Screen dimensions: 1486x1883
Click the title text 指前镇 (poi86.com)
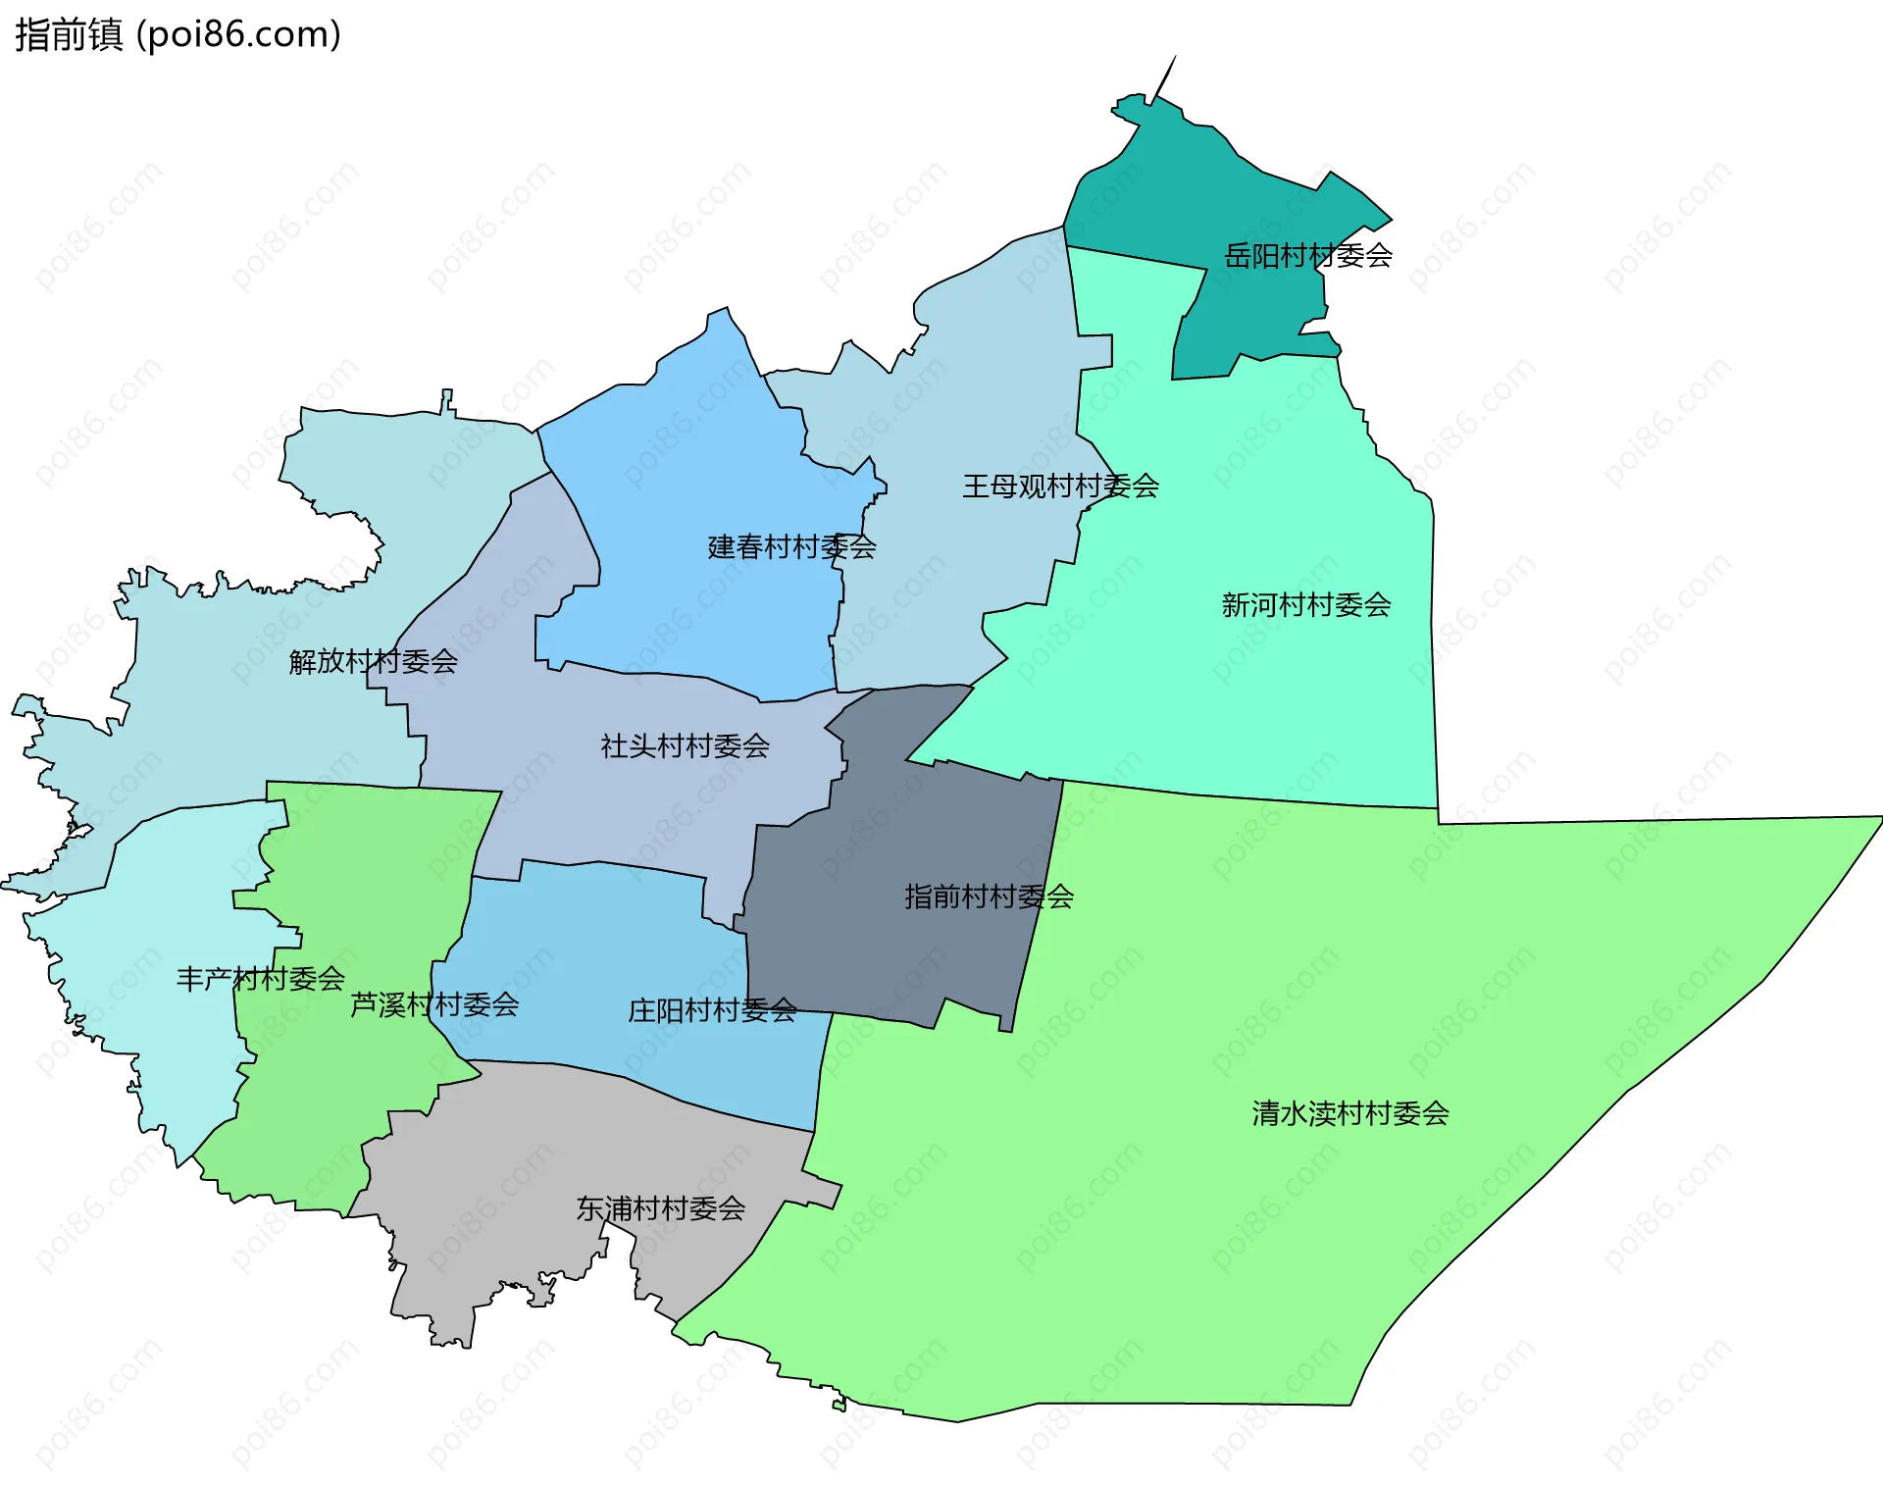click(x=178, y=34)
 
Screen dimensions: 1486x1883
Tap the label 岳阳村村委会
click(x=1307, y=256)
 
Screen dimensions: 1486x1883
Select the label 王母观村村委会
click(x=1060, y=487)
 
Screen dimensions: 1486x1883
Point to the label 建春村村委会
click(x=791, y=547)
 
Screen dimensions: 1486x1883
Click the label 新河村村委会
click(x=1305, y=605)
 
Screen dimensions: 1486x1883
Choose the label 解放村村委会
click(x=373, y=662)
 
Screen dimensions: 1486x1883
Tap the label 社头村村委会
click(x=685, y=746)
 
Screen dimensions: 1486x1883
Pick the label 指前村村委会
click(x=989, y=897)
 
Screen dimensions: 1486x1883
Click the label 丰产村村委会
click(x=260, y=979)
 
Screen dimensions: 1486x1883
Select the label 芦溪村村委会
click(x=434, y=1004)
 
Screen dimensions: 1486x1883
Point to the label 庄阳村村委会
click(x=712, y=1010)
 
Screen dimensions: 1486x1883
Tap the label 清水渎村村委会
click(x=1349, y=1113)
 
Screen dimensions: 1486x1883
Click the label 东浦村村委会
click(x=660, y=1208)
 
